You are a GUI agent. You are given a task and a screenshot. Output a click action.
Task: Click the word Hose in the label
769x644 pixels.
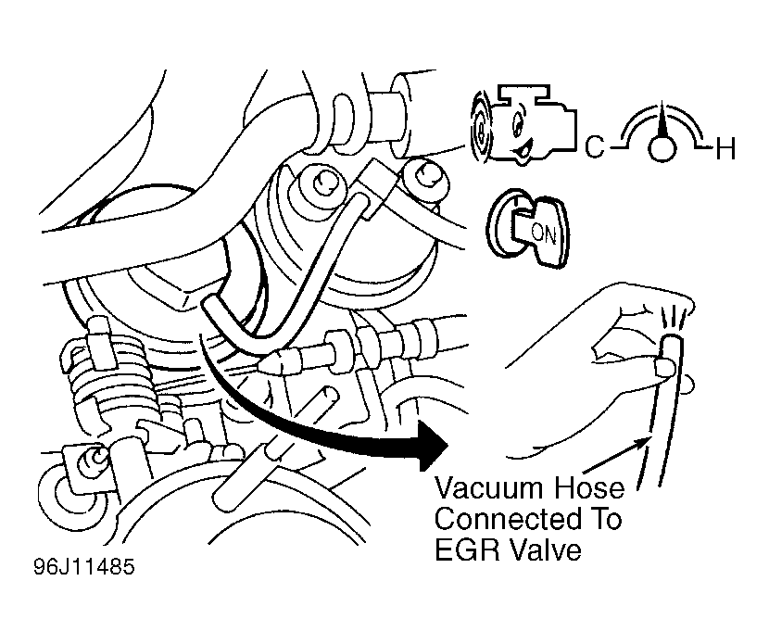[x=590, y=488]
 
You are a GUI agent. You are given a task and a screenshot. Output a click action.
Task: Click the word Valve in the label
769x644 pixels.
[x=547, y=549]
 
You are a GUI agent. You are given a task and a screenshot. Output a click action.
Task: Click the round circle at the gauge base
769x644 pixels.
[x=660, y=148]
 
